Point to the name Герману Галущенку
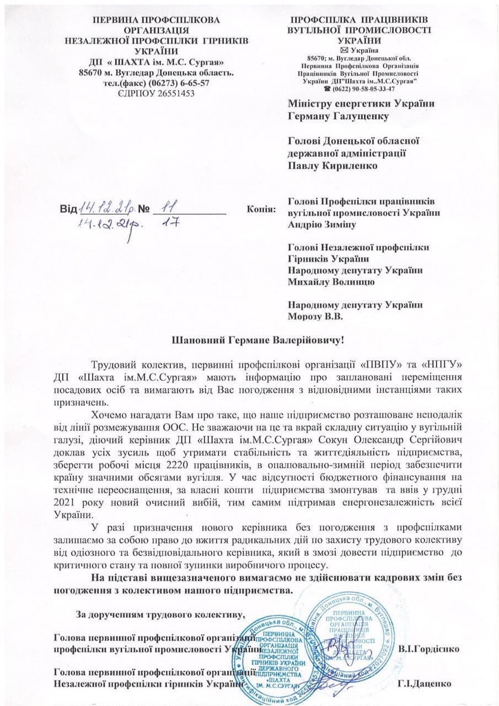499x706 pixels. click(x=338, y=116)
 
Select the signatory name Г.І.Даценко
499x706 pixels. click(x=423, y=683)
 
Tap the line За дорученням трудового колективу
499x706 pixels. click(x=159, y=613)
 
